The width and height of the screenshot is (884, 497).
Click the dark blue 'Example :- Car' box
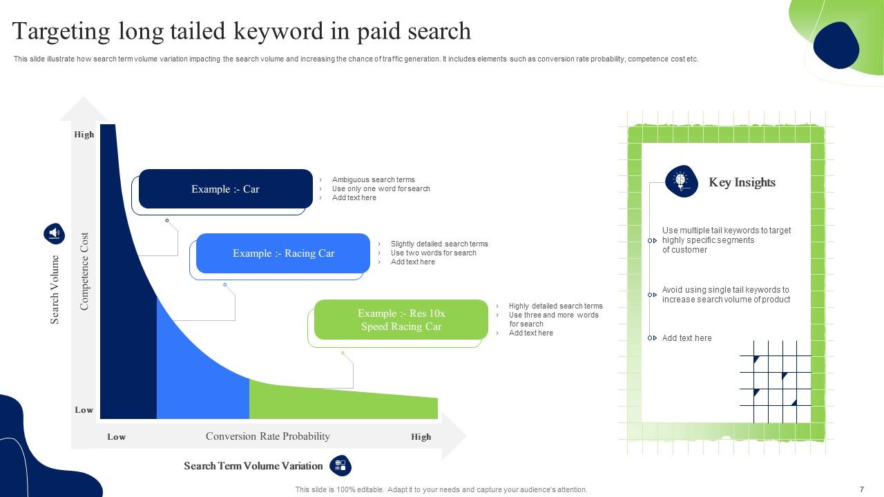point(225,189)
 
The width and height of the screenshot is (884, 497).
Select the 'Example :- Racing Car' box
point(283,253)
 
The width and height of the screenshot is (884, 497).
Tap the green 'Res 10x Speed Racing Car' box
point(401,320)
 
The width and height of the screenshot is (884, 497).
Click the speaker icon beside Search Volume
point(54,233)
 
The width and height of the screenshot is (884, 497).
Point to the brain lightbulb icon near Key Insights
point(681,182)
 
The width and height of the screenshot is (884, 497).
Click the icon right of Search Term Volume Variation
point(340,466)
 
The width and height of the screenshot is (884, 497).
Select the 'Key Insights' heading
point(742,182)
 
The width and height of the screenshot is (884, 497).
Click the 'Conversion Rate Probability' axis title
point(267,436)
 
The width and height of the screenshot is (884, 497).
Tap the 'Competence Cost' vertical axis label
point(85,271)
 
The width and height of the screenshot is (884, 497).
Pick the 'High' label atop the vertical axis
point(84,135)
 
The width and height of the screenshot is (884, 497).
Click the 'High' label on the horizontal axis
point(421,437)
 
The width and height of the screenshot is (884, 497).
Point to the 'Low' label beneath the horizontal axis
point(116,437)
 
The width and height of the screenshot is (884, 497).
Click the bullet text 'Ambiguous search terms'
point(373,179)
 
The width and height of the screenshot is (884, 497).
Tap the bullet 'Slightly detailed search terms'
point(439,244)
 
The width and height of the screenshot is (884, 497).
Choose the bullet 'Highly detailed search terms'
point(555,306)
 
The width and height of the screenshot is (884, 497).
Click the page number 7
point(861,489)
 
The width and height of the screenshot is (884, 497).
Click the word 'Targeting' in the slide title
point(61,32)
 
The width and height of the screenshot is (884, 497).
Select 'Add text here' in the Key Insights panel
point(686,338)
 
